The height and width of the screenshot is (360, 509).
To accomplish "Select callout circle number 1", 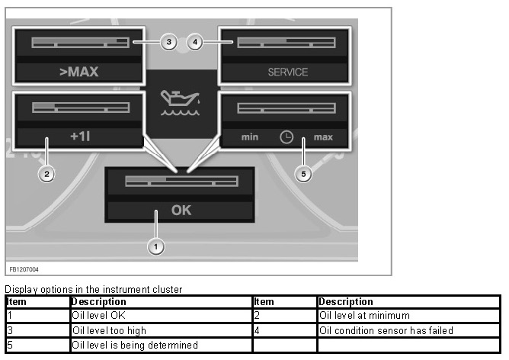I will (156, 246).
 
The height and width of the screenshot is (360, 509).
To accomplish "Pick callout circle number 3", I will (168, 42).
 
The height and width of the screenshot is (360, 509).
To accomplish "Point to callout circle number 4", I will (195, 42).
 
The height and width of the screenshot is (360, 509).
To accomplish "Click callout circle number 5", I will (304, 174).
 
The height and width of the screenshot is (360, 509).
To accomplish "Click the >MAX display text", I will (80, 73).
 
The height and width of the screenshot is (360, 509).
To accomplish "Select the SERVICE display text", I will (287, 72).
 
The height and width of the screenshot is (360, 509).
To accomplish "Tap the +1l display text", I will (80, 137).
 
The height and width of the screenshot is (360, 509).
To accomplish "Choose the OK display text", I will (181, 210).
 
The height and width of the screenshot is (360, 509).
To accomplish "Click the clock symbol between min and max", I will (286, 137).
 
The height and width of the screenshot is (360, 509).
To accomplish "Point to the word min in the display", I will (250, 138).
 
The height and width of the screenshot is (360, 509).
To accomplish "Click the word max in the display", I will (323, 138).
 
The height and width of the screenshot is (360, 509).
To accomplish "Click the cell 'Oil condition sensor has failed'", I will (386, 330).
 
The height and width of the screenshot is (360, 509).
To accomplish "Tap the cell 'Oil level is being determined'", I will (134, 345).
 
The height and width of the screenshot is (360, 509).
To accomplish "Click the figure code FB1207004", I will (24, 269).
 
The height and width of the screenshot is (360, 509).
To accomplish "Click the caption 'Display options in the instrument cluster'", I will (94, 290).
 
